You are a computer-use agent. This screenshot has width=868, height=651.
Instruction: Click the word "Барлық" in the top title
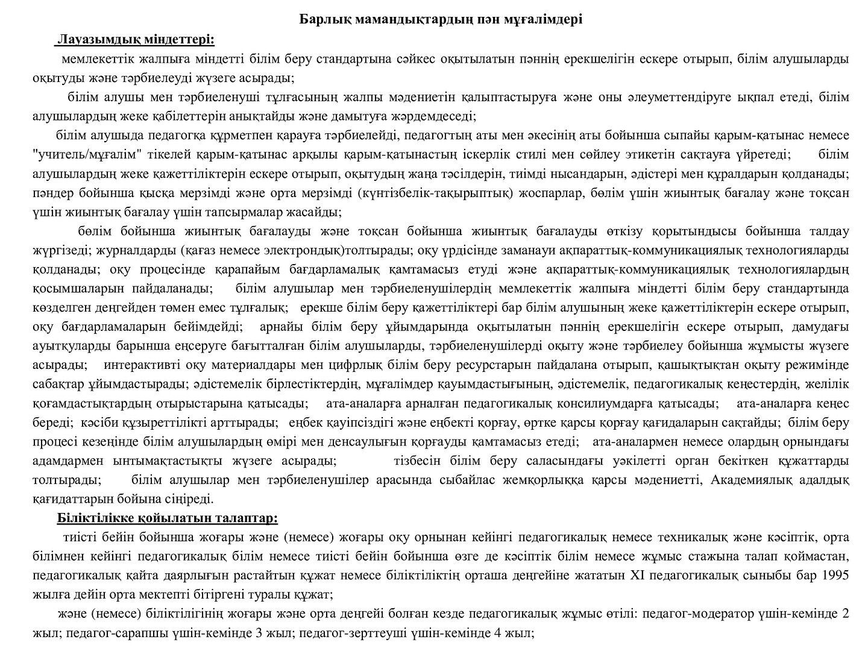322,20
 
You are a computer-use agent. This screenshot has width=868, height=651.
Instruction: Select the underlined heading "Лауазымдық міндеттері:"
135,40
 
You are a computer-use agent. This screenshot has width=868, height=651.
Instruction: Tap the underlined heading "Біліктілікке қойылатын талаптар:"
168,518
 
